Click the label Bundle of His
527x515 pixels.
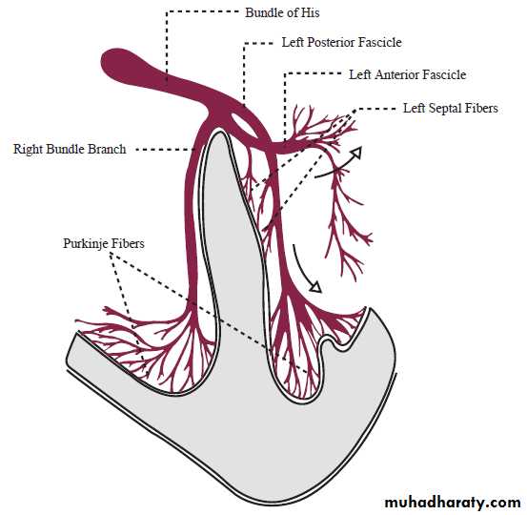click(x=282, y=13)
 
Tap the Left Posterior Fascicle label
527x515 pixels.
click(x=341, y=42)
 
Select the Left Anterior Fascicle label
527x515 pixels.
click(x=407, y=74)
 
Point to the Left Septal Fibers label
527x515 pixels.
click(x=451, y=109)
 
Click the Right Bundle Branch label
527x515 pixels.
click(x=70, y=149)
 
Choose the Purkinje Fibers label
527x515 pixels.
click(x=104, y=243)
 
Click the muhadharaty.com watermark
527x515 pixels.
click(x=453, y=503)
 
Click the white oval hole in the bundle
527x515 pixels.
click(x=243, y=125)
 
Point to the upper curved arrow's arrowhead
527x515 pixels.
click(x=356, y=153)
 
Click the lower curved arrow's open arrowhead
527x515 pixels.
click(x=315, y=287)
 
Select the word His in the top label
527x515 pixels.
click(x=310, y=12)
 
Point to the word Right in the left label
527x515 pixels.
click(x=28, y=149)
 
